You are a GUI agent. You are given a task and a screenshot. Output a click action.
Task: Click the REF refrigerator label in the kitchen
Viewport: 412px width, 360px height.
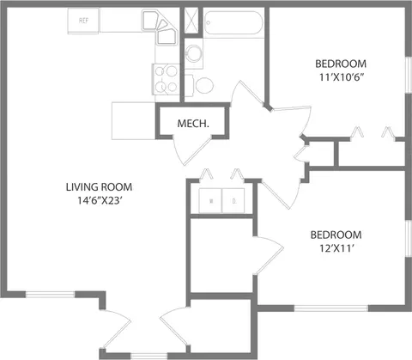(84, 20)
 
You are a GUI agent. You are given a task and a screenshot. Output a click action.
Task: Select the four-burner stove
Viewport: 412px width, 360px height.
(167, 80)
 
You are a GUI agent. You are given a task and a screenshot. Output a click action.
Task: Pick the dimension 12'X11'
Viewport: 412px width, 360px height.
(336, 250)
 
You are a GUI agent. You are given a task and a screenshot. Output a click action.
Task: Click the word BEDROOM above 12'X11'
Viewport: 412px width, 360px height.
(336, 235)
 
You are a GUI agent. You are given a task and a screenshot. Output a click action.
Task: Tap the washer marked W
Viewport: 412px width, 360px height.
(211, 203)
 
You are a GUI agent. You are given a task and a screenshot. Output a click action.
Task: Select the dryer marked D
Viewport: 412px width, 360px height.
(233, 203)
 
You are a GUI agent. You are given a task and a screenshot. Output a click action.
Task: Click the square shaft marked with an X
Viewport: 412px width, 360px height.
(191, 21)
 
